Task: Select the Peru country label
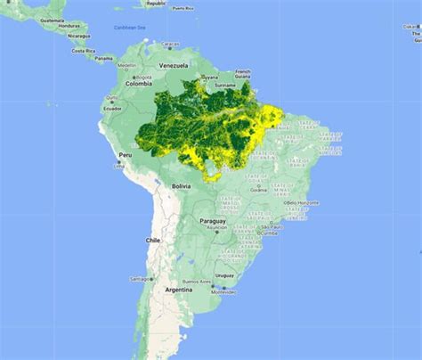point(126,154)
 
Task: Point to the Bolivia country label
point(182,185)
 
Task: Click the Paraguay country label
point(213,220)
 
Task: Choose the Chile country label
point(153,241)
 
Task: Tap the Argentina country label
point(179,290)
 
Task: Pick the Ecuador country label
point(113,108)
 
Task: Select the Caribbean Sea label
point(129,28)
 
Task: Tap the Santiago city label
point(141,279)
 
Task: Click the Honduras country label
point(69,26)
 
